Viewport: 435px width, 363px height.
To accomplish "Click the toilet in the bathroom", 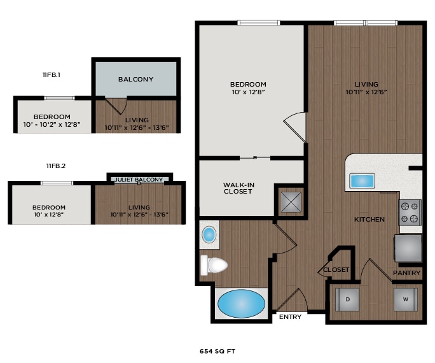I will point(214,264).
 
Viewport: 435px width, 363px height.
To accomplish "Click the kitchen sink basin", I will point(362,181).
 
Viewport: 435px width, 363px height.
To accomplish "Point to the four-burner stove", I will point(410,212).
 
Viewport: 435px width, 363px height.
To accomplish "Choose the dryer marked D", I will point(347,299).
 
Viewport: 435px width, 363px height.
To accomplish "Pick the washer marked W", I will point(405,299).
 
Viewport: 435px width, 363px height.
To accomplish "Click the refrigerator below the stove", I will point(408,248).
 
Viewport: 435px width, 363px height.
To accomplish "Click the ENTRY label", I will point(289,317).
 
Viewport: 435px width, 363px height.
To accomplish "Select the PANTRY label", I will point(406,273).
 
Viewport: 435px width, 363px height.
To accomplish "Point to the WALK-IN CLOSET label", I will point(238,188).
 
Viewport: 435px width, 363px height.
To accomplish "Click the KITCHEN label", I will point(369,220).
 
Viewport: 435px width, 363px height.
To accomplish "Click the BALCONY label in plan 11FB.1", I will point(135,80).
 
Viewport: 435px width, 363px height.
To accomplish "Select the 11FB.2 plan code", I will point(56,166).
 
